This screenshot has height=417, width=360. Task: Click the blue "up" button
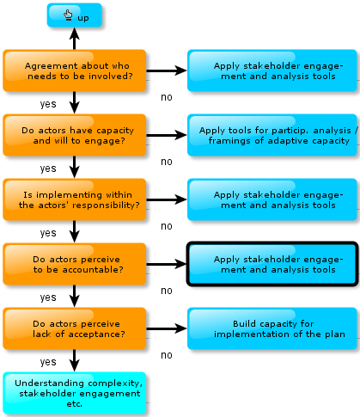coord(75,15)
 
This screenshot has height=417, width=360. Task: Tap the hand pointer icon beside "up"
coord(68,15)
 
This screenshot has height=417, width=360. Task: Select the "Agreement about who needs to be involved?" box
coord(75,71)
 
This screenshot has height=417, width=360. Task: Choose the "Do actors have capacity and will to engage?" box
coord(75,135)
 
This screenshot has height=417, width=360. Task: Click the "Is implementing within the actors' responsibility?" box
coord(75,199)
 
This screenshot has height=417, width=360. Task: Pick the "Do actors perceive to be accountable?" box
coord(75,264)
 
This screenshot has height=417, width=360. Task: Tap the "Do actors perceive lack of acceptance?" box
coord(75,328)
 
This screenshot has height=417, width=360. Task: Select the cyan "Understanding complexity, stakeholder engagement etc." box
coord(75,393)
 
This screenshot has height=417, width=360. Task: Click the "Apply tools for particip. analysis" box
coord(272,135)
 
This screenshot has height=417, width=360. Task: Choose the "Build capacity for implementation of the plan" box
coord(272,328)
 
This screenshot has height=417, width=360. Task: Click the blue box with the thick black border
coord(272,264)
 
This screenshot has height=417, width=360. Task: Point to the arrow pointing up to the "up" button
coord(75,39)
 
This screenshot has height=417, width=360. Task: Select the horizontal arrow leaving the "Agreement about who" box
coord(167,71)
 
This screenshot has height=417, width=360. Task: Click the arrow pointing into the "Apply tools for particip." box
coord(167,135)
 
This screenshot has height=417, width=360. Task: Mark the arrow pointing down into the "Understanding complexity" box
coord(75,360)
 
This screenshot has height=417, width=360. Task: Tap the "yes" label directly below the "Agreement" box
coord(48,104)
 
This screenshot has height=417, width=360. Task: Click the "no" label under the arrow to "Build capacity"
coord(167,355)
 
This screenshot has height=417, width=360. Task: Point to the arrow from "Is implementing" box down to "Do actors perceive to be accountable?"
coord(75,231)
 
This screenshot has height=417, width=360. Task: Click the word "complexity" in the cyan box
coord(111,383)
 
